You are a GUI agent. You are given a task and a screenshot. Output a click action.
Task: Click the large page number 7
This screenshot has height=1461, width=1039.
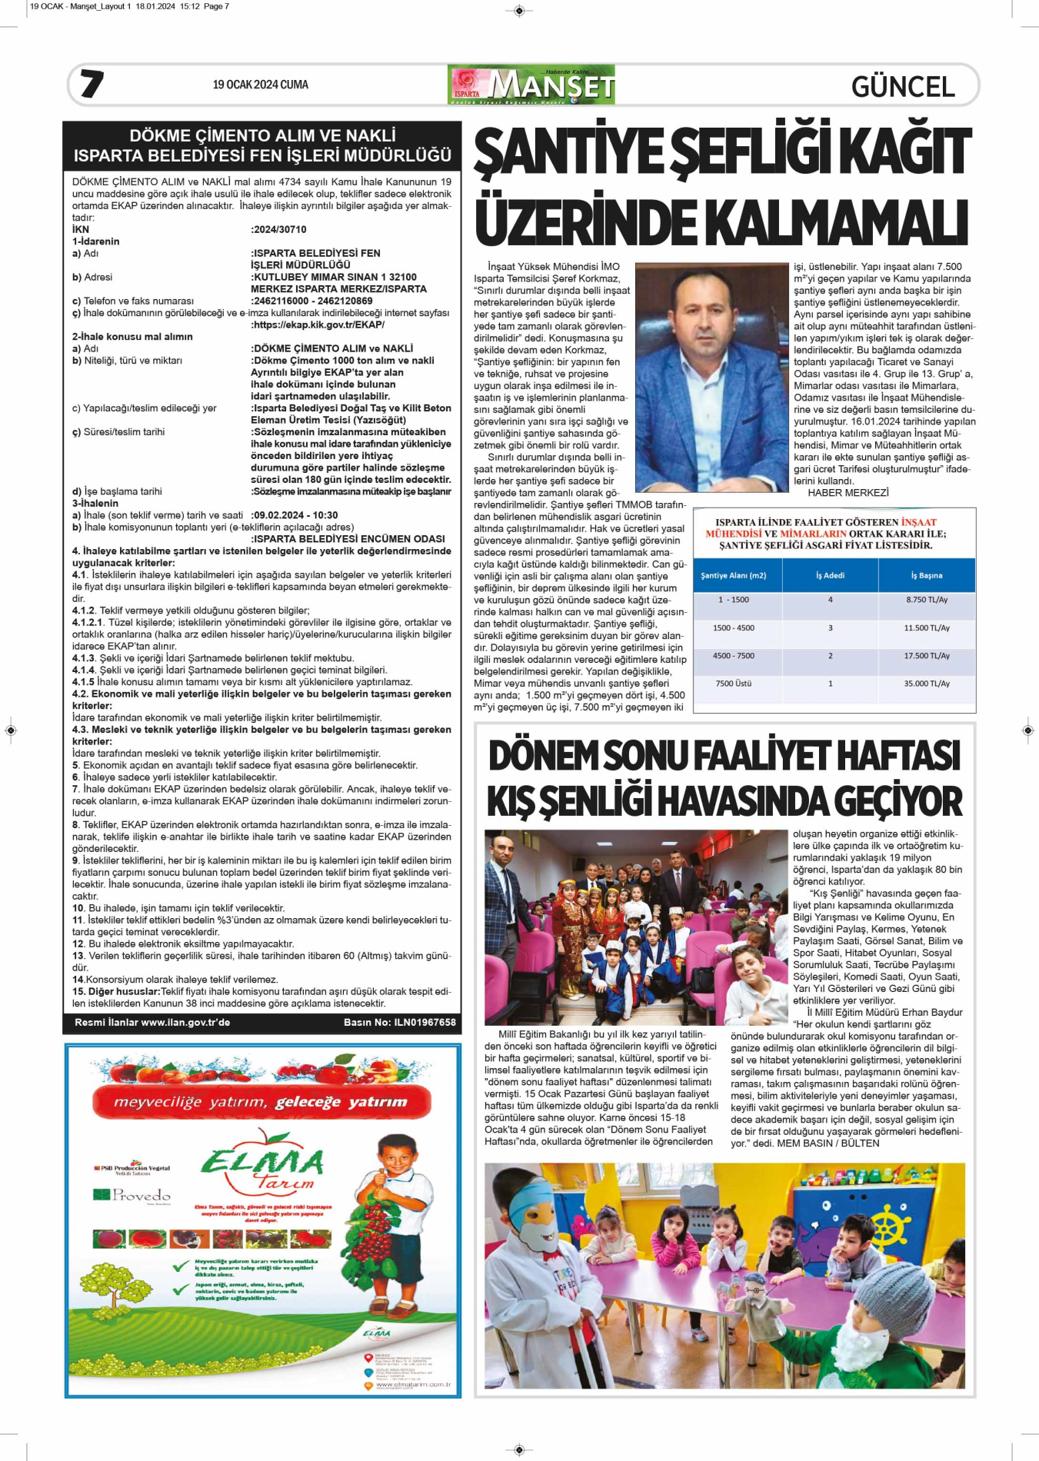[92, 84]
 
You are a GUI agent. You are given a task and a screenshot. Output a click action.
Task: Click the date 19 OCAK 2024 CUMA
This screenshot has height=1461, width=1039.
[260, 85]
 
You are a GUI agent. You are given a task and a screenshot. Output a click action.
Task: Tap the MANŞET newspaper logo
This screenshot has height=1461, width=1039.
[531, 85]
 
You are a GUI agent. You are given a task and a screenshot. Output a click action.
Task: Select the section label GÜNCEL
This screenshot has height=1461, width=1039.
[903, 87]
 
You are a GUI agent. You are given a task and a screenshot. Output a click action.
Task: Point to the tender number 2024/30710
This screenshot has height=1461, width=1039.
[279, 229]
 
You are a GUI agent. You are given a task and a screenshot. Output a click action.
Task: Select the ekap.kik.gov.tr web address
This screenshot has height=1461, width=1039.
[318, 325]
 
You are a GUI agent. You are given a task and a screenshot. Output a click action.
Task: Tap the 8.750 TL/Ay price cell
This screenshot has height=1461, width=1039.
[927, 600]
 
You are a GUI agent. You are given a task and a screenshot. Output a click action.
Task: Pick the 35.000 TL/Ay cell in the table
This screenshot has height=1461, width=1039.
[927, 684]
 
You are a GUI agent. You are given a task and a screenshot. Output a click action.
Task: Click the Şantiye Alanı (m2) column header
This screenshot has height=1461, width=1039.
[734, 575]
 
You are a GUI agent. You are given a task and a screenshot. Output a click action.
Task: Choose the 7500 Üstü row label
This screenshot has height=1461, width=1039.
[734, 684]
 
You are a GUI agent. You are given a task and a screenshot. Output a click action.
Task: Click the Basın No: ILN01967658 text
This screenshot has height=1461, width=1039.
[399, 1023]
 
